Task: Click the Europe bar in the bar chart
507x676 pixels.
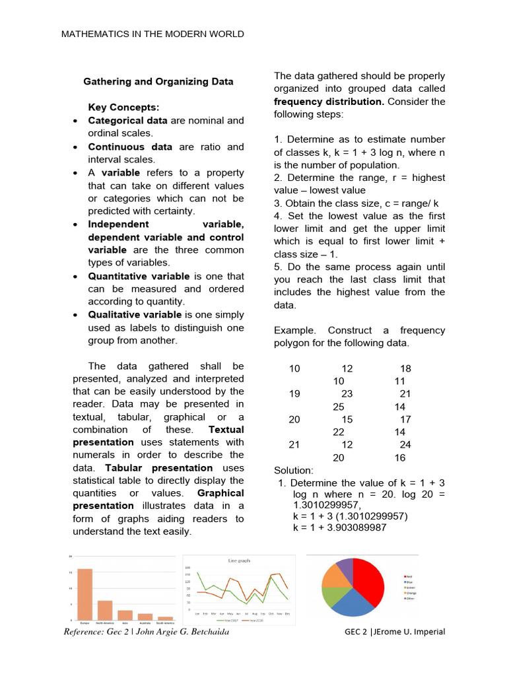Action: [84, 594]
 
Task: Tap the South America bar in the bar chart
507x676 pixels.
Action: [166, 618]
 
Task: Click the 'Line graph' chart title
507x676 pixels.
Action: [239, 560]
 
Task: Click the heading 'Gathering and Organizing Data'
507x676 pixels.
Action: [158, 82]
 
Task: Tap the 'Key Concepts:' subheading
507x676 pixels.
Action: [123, 108]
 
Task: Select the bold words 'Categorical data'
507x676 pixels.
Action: [127, 121]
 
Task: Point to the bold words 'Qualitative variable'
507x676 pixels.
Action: [135, 315]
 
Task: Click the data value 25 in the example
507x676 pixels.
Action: [339, 407]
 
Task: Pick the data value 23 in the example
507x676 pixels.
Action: [347, 394]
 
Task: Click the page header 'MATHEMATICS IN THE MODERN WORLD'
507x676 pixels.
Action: [152, 34]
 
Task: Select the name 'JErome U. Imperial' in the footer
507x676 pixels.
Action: [409, 632]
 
